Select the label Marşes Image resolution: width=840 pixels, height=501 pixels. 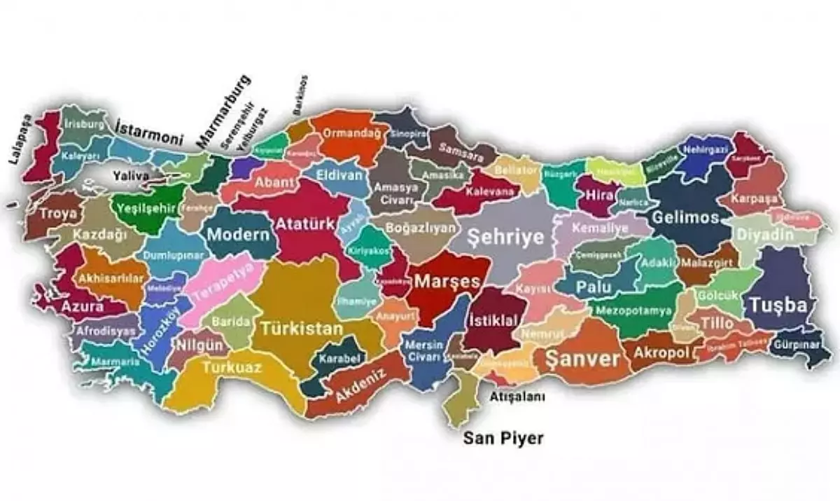point(447,282)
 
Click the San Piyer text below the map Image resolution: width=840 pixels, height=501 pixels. point(503,439)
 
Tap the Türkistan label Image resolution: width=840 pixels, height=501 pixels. point(302,328)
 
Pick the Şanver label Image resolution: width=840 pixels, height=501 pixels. point(582,359)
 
